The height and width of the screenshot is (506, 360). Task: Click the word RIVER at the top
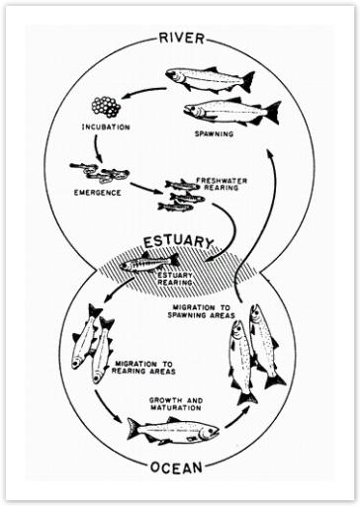(x=181, y=39)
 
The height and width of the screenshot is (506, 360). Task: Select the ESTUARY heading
(x=180, y=241)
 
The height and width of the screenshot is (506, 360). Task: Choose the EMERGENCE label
(x=96, y=193)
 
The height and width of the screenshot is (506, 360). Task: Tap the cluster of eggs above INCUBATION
(x=105, y=106)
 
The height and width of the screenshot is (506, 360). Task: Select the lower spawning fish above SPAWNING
(x=229, y=110)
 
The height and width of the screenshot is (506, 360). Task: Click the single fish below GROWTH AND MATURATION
(x=172, y=430)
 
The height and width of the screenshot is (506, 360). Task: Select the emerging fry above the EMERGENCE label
(x=99, y=173)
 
